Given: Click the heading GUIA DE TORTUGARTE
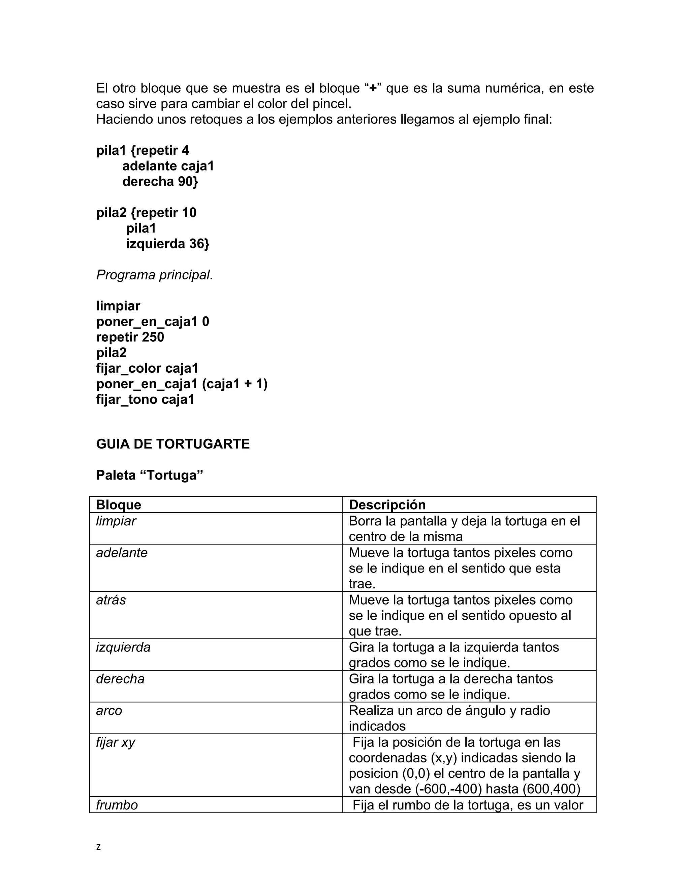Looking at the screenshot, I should pos(172,444).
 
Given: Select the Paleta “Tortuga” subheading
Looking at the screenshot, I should pos(150,475).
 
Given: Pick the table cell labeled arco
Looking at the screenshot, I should pos(109,711).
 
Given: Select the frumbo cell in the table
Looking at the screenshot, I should pos(117,805).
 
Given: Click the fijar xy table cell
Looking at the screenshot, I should pos(116,742).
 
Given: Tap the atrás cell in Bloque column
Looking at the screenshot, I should pos(111,600).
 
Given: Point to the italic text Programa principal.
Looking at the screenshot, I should pos(155,275).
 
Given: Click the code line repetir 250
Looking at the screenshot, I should pos(130,337).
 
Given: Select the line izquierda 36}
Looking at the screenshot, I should pos(167,244).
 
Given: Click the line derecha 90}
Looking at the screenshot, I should pos(160,182).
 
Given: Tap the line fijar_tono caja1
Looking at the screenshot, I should pos(145,399).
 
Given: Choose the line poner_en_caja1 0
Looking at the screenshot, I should pos(153,322).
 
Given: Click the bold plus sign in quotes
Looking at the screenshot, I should pos(373,88).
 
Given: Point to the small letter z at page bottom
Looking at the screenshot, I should pos(98,847).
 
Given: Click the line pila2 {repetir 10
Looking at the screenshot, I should pos(146,213).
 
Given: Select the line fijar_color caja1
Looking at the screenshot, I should pos(147,368).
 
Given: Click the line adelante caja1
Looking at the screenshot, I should pos(168,166).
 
